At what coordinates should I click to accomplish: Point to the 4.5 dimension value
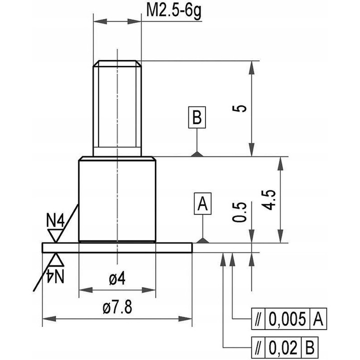pyautogui.click(x=270, y=199)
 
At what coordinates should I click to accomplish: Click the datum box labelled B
pyautogui.click(x=197, y=118)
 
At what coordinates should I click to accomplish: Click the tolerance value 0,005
pyautogui.click(x=287, y=318)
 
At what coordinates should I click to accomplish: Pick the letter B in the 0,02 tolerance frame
pyautogui.click(x=311, y=346)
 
